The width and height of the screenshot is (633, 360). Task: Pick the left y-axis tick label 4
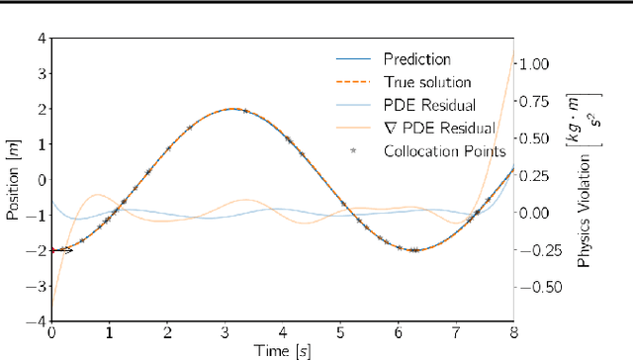[x=41, y=38]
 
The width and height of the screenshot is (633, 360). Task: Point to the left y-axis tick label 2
[x=41, y=109]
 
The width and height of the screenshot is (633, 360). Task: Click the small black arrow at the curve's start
[x=64, y=250]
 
